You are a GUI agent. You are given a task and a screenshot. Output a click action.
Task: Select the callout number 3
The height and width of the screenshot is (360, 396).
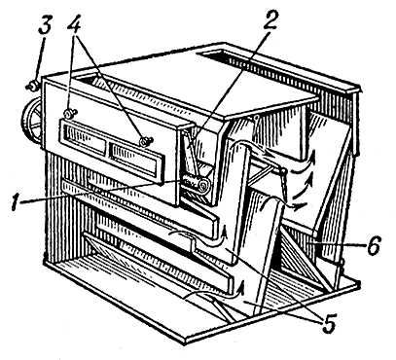coord(45,23)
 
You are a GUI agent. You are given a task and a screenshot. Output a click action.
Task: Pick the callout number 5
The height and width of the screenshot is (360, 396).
coord(328,323)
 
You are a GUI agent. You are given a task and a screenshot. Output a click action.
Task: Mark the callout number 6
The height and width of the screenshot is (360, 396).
coord(373,247)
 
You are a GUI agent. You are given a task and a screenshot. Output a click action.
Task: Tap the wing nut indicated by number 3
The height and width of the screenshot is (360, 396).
coord(32,86)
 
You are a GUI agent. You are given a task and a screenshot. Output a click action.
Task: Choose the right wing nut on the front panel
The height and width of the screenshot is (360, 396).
coord(145,141)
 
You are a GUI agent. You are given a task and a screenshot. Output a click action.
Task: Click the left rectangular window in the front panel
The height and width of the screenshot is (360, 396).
coord(86,139)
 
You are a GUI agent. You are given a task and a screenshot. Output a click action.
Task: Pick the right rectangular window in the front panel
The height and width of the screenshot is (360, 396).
coord(134,162)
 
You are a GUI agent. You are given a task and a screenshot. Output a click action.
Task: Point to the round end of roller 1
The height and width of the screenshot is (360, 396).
coord(204,186)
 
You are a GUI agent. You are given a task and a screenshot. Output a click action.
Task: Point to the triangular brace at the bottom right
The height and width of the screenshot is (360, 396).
coord(305,260)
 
